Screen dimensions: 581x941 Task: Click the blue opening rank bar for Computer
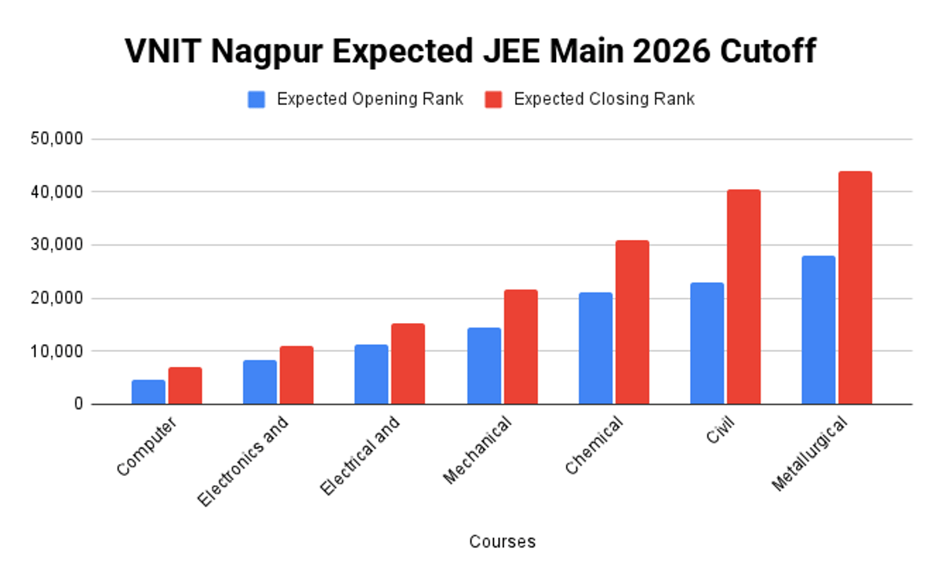point(148,392)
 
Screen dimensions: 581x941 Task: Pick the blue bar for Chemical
point(595,348)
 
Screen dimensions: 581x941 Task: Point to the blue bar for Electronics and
point(260,382)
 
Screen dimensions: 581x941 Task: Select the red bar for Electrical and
point(408,364)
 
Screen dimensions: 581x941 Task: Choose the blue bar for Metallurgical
point(818,329)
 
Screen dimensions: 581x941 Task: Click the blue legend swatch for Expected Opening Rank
point(256,100)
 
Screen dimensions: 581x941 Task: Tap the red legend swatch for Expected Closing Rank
point(493,100)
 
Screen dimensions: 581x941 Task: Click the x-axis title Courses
point(502,542)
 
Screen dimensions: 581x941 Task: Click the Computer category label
point(147,446)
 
